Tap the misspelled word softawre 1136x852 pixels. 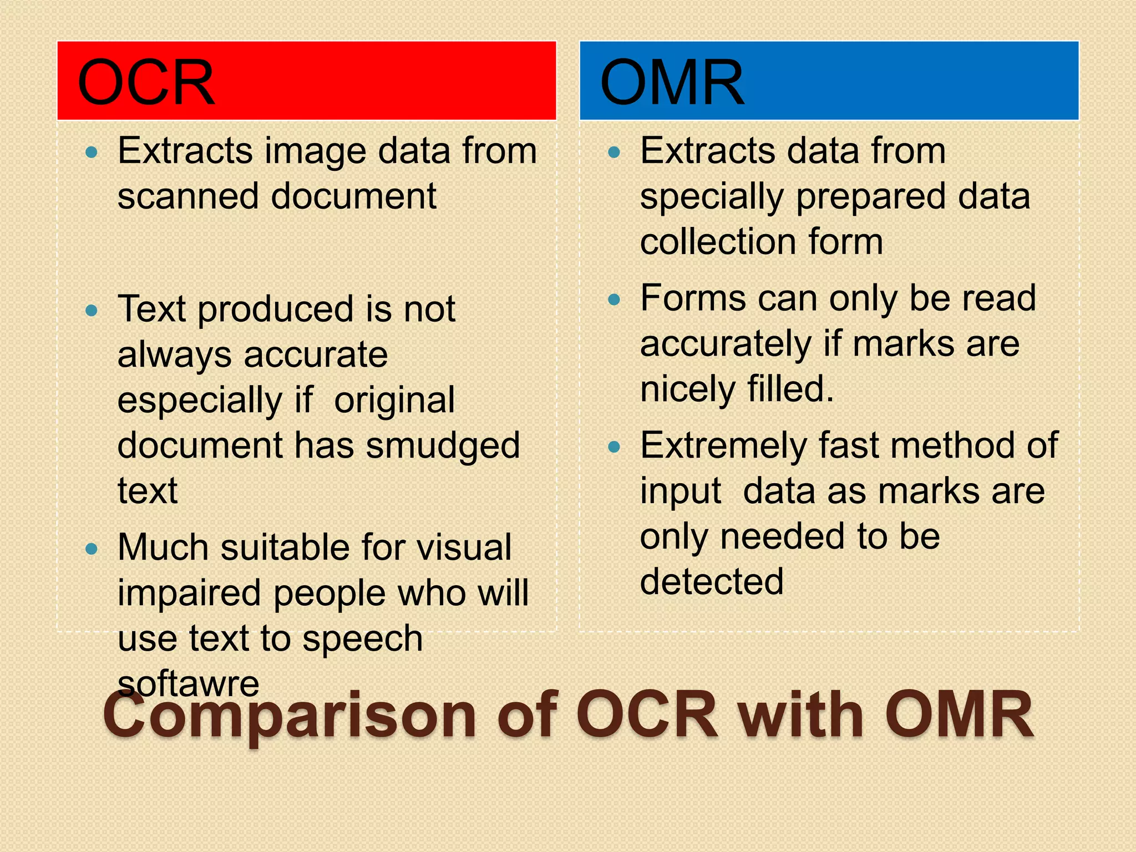pyautogui.click(x=189, y=683)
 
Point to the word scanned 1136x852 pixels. pyautogui.click(x=189, y=196)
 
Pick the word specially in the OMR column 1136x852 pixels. pyautogui.click(x=712, y=197)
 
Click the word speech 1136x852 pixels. pyautogui.click(x=363, y=639)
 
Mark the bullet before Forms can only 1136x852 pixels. pyautogui.click(x=613, y=300)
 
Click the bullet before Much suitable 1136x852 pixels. pyautogui.click(x=92, y=549)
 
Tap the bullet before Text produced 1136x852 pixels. pyautogui.click(x=92, y=310)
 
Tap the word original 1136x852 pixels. pyautogui.click(x=394, y=400)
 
